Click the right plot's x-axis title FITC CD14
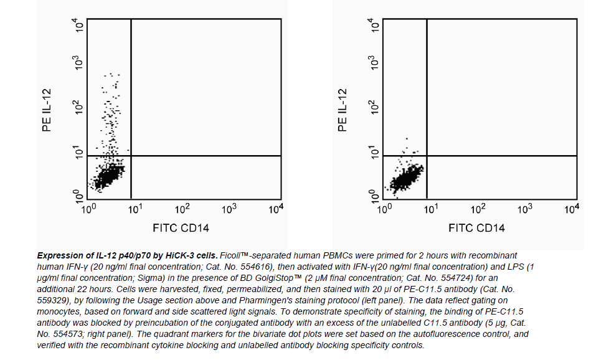(x=476, y=228)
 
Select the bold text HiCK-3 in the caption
(x=177, y=256)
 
